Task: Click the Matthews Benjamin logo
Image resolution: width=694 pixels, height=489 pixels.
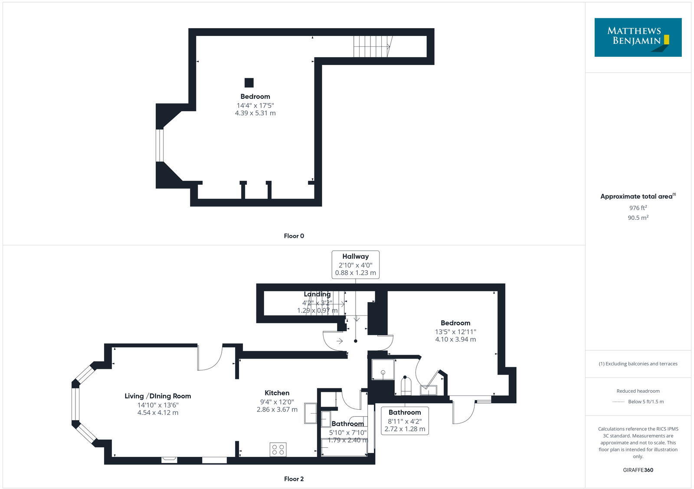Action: (638, 37)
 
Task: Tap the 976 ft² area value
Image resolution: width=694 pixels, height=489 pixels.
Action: (638, 208)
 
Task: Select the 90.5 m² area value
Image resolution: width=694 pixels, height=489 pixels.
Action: (638, 218)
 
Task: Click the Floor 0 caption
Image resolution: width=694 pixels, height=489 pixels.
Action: (294, 236)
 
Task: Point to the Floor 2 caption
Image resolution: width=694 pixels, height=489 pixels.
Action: (294, 479)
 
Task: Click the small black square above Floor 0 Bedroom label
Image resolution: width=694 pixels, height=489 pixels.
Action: (249, 82)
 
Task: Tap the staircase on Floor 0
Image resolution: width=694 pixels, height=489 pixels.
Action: (372, 46)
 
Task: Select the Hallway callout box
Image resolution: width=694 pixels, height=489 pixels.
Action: (355, 264)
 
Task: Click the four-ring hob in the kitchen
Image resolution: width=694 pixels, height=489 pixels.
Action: (278, 449)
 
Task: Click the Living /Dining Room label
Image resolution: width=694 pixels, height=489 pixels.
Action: (157, 396)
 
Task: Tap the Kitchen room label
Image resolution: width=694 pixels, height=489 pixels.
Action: (277, 393)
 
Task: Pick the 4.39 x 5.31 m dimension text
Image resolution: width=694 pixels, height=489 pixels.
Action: (255, 113)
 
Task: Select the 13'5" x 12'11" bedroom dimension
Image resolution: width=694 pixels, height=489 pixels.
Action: (455, 332)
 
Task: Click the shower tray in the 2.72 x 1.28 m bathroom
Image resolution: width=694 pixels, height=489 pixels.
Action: (383, 369)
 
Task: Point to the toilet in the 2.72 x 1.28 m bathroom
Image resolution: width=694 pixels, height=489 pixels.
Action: (406, 385)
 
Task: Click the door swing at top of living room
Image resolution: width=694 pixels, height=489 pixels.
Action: (209, 358)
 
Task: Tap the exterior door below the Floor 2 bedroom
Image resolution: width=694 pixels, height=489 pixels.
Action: (462, 411)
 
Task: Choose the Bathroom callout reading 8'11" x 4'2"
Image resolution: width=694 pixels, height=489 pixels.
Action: (404, 421)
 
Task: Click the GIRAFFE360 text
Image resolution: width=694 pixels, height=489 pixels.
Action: (638, 470)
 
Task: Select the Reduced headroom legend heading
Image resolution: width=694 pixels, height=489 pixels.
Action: (638, 391)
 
